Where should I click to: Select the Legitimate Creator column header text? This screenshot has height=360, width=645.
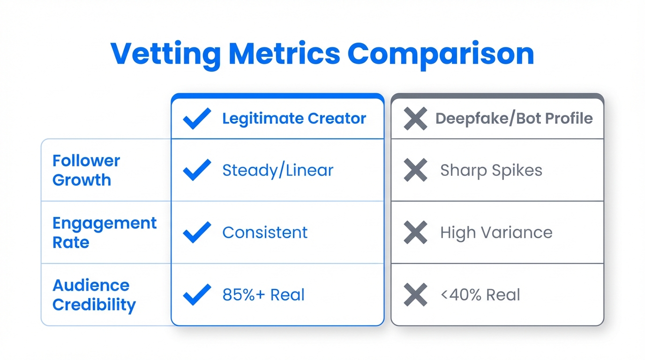294,119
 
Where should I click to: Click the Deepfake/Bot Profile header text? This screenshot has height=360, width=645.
514,119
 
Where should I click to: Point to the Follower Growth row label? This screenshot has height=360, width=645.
86,170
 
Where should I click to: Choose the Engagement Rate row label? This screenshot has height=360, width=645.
104,232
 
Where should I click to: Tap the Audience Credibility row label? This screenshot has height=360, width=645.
94,295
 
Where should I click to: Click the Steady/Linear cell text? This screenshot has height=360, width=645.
277,170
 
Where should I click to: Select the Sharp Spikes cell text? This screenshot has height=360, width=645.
491,170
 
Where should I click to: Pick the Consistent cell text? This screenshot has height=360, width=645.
265,232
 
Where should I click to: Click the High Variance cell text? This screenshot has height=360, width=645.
496,232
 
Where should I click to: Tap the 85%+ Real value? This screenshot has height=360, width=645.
263,295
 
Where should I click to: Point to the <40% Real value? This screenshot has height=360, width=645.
480,295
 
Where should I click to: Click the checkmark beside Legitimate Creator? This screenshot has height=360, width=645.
197,119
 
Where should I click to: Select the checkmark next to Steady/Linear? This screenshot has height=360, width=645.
197,170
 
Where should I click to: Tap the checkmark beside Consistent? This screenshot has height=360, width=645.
197,232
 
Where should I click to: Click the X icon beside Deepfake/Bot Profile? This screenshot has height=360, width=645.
415,119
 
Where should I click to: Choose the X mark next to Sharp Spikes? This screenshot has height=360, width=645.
415,170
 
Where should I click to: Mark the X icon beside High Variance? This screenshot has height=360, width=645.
415,232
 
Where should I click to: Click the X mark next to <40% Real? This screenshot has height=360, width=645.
415,295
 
